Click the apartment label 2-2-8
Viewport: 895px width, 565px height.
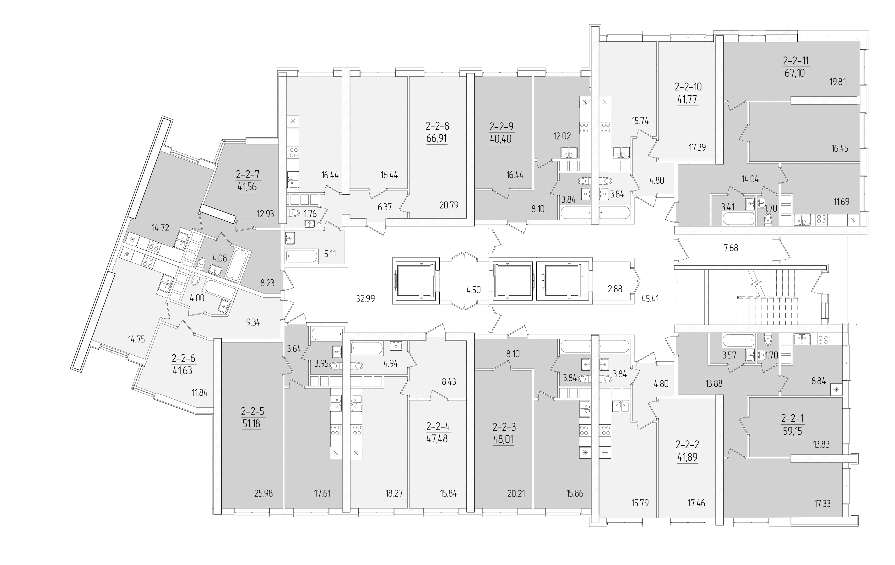pyautogui.click(x=437, y=126)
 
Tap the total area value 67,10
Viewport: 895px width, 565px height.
pyautogui.click(x=795, y=73)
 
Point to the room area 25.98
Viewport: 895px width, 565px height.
pyautogui.click(x=263, y=494)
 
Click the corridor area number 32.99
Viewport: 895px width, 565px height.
pyautogui.click(x=365, y=299)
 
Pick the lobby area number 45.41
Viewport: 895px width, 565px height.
pyautogui.click(x=650, y=298)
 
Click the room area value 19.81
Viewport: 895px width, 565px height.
pyautogui.click(x=838, y=82)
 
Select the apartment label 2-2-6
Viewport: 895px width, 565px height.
pyautogui.click(x=183, y=359)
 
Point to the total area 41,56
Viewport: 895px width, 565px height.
pyautogui.click(x=247, y=187)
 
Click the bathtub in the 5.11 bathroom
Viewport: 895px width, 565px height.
pyautogui.click(x=301, y=256)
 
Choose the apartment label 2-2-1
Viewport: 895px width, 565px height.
pyautogui.click(x=793, y=419)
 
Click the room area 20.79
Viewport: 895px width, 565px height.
pyautogui.click(x=449, y=205)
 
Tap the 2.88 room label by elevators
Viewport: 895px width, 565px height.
pyautogui.click(x=615, y=289)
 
